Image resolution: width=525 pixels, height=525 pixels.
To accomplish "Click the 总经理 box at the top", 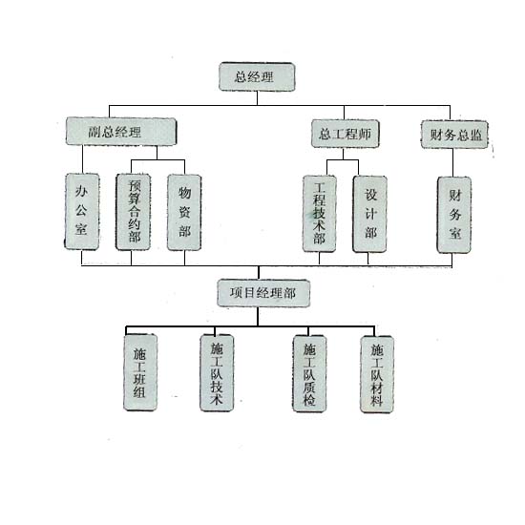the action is tap(257, 76).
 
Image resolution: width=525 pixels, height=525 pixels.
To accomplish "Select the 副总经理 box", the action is tap(121, 132).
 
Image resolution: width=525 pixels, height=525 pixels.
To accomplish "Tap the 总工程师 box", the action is tap(346, 134).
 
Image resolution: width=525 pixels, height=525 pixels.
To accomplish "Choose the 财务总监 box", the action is tap(454, 135).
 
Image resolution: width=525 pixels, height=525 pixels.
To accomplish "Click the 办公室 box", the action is tap(82, 212).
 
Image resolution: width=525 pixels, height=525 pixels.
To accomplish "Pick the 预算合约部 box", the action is tap(134, 212).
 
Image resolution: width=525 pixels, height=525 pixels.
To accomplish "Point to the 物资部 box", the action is tap(184, 212).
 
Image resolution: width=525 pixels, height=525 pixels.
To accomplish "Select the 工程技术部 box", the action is tap(320, 214).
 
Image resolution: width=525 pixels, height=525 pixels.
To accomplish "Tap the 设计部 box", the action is tap(370, 214).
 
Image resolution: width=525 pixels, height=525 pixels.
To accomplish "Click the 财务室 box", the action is tap(454, 215).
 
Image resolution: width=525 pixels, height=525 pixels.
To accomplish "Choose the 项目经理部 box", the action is tap(263, 293).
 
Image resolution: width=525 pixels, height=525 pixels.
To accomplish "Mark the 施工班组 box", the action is tap(140, 372).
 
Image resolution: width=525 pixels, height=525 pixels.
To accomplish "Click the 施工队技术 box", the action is tap(217, 373).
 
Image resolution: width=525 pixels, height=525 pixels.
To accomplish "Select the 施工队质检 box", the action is tap(309, 373).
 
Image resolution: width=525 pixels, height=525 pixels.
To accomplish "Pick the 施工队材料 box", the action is tap(377, 374).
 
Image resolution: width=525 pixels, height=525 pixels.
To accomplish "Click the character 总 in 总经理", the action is tap(241, 76).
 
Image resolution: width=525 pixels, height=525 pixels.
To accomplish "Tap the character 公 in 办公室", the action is tap(81, 210).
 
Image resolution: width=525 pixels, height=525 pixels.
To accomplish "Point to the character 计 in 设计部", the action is tap(370, 213).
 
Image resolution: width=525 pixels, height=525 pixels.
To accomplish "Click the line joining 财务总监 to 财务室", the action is tap(453, 162).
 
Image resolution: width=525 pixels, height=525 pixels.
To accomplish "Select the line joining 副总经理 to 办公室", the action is tap(82, 159).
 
